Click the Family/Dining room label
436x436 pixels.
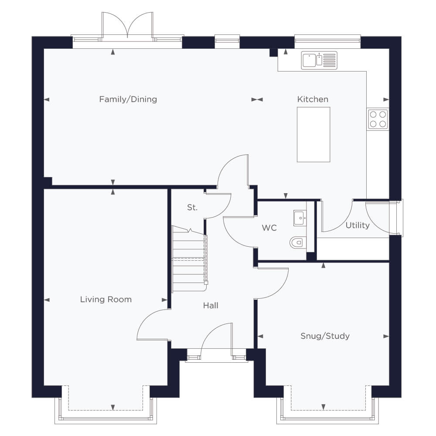(128, 99)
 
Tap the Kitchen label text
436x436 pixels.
(313, 99)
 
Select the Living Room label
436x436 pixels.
(106, 300)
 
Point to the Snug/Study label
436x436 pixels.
(325, 336)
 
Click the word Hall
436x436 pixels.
(211, 306)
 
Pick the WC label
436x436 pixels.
(269, 228)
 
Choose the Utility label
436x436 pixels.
(358, 225)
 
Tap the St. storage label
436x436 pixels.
(192, 208)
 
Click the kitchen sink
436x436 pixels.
(319, 60)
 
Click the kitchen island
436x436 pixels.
(313, 135)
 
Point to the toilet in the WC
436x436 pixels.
(298, 242)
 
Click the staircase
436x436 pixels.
(190, 259)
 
